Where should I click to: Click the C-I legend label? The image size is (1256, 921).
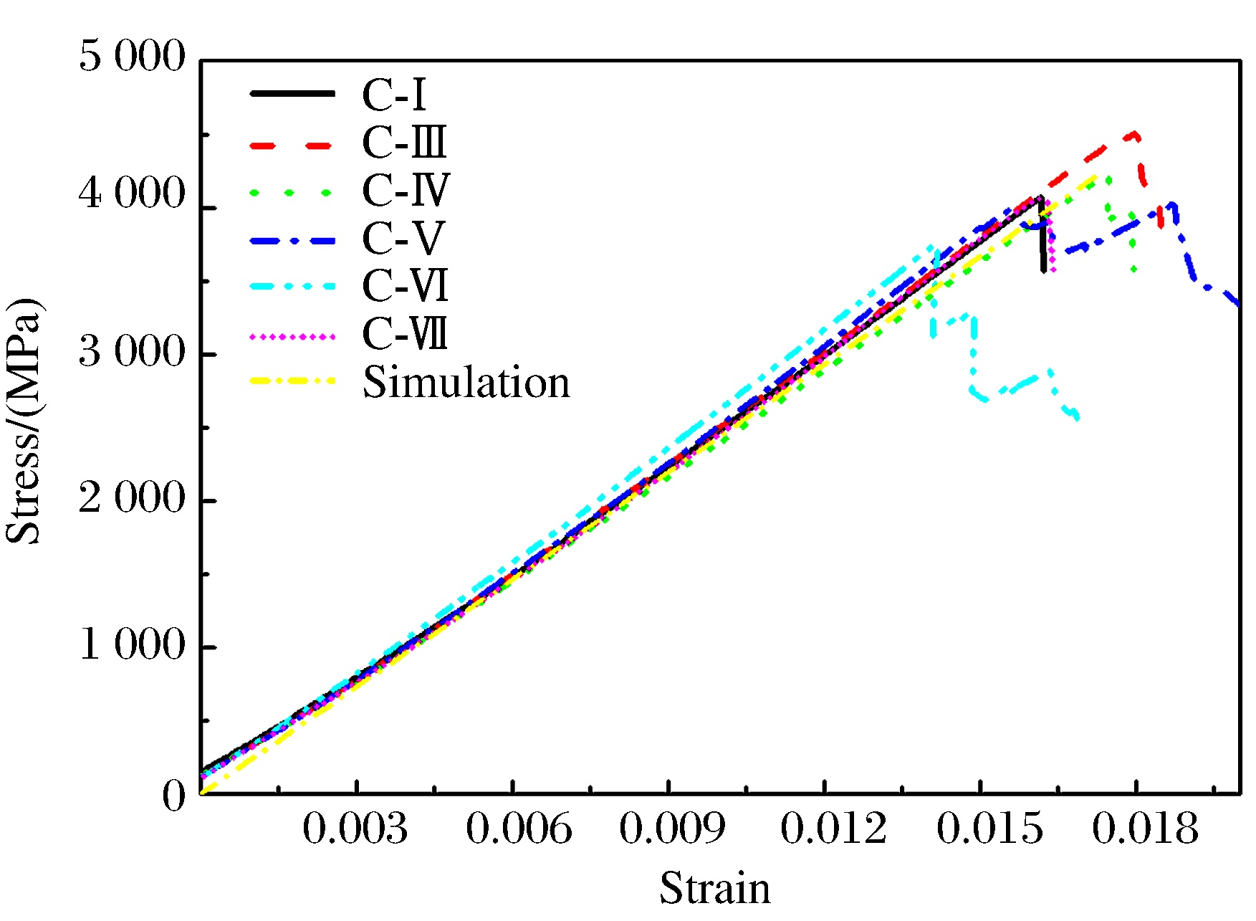click(x=394, y=95)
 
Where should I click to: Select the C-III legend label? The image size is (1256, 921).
click(x=405, y=143)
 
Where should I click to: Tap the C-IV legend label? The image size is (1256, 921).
click(x=406, y=191)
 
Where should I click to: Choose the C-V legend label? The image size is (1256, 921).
click(x=403, y=239)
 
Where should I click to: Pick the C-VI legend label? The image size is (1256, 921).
click(x=406, y=286)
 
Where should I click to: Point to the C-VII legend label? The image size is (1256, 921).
click(x=406, y=334)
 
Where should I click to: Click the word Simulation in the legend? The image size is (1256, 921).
click(x=466, y=382)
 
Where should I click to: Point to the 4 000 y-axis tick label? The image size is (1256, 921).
click(x=132, y=194)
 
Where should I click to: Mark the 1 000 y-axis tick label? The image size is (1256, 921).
click(x=132, y=644)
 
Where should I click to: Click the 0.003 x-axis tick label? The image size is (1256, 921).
click(x=355, y=829)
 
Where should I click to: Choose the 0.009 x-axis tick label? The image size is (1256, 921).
click(x=672, y=829)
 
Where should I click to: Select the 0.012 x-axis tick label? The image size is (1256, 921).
click(x=833, y=829)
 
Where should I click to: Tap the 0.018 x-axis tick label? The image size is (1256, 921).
click(x=1145, y=829)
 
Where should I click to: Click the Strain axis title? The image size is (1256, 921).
click(x=715, y=889)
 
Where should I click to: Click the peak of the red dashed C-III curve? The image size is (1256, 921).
click(x=1133, y=133)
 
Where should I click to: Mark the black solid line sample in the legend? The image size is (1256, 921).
click(x=292, y=94)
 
